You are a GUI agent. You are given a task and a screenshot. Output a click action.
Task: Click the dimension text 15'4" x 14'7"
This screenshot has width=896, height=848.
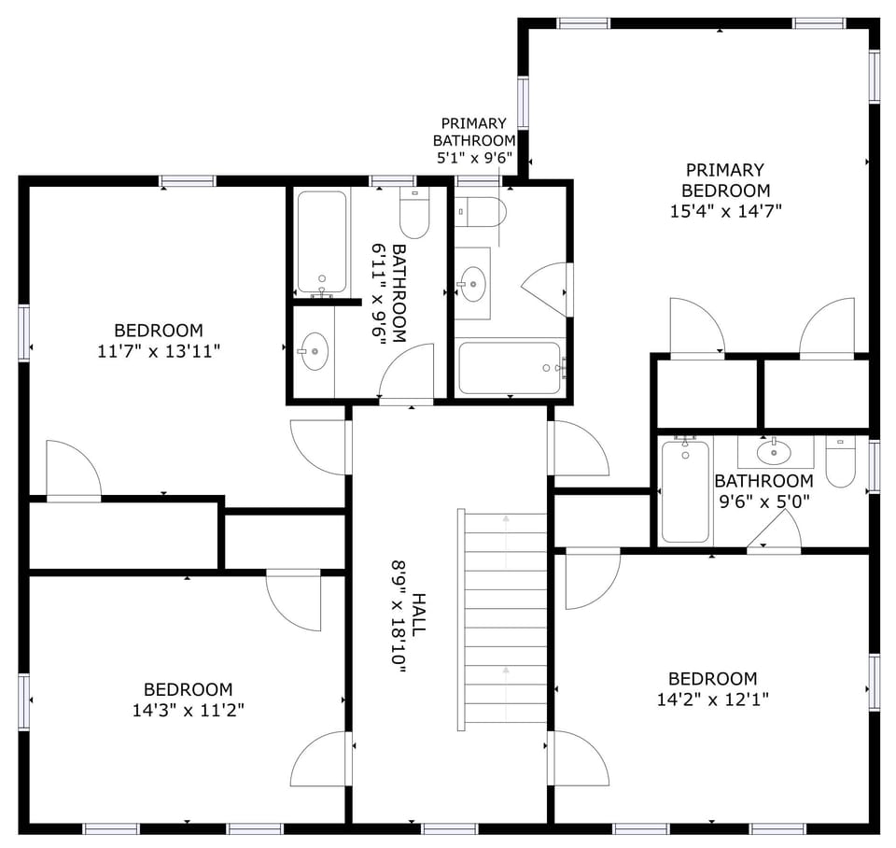click(725, 211)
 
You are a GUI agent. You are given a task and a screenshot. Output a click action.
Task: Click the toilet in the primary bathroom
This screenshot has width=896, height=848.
click(482, 212)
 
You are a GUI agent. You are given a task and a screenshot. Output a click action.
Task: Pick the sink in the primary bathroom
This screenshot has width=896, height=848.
click(473, 281)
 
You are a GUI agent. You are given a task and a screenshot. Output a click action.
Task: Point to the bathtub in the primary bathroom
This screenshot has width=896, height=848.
click(510, 368)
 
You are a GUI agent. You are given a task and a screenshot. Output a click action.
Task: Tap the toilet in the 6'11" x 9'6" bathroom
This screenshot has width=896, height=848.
click(414, 215)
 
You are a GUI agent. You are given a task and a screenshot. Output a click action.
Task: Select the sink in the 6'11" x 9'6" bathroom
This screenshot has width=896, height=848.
click(314, 352)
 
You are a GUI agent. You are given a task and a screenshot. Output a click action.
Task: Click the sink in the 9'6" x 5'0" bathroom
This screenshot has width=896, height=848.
click(775, 453)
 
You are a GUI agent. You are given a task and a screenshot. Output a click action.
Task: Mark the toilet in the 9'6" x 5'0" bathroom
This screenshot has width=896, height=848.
click(841, 463)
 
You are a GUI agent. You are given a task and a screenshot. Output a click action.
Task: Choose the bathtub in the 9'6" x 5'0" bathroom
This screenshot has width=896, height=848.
click(685, 490)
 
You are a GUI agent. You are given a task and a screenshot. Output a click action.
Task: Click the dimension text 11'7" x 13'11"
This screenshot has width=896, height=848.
click(158, 352)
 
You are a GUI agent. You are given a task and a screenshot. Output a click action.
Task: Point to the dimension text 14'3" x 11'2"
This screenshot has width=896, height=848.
click(188, 710)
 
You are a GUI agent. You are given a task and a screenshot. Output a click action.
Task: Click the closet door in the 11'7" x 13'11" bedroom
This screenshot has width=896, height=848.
click(74, 473)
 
